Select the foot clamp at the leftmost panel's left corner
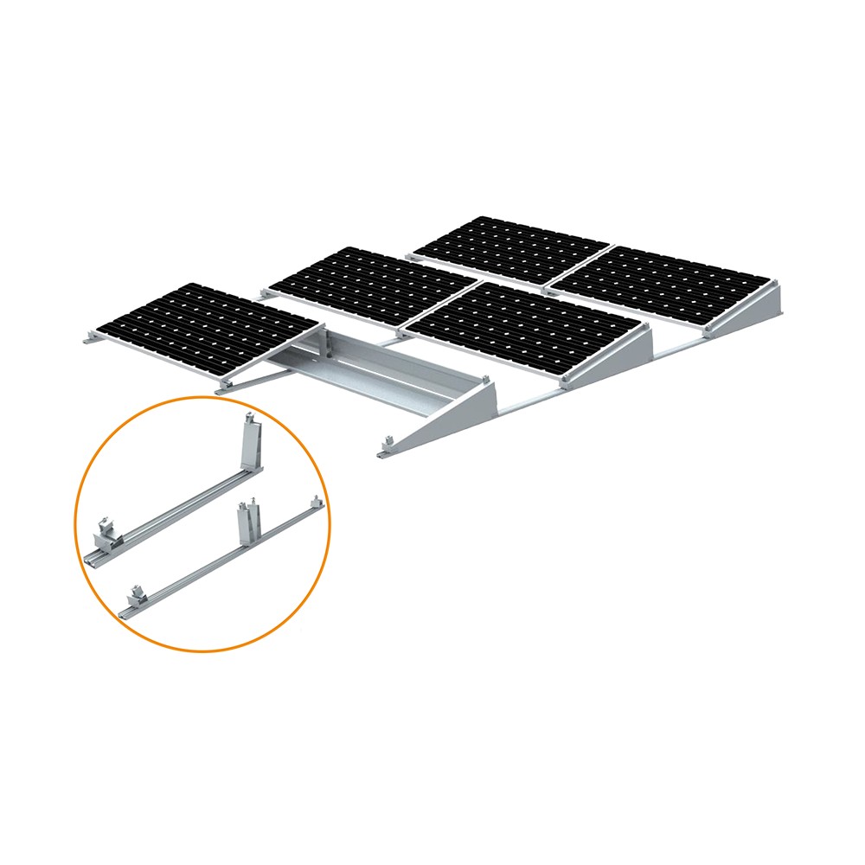point(89,338)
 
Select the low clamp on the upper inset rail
point(107,530)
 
